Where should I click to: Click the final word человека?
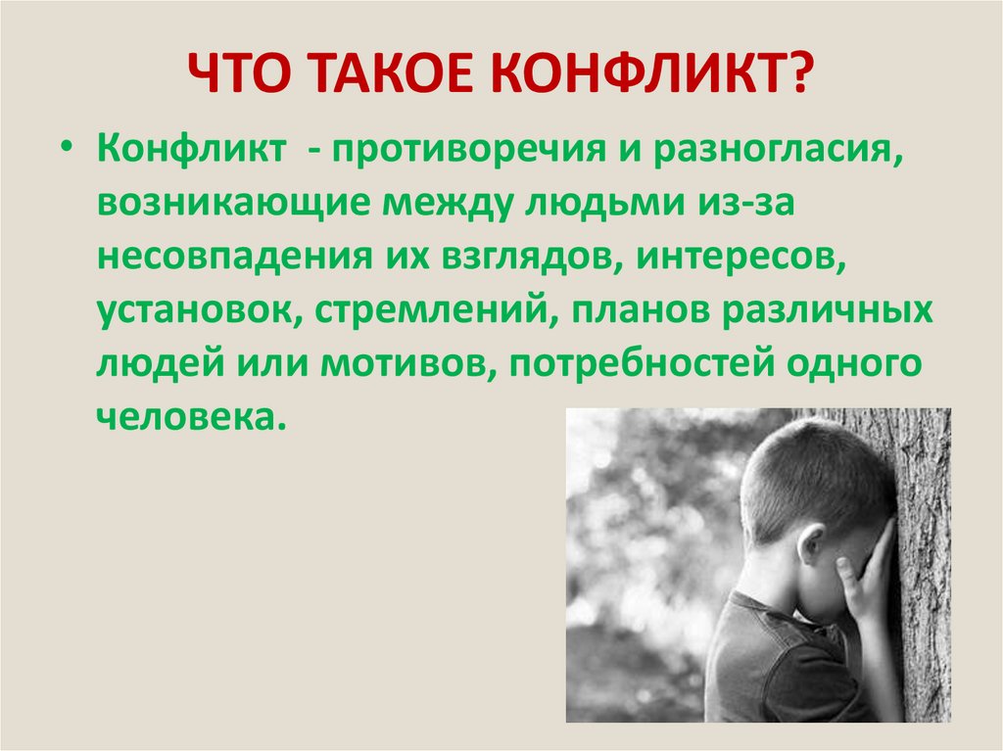tap(189, 416)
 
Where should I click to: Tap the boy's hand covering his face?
tap(870, 578)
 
